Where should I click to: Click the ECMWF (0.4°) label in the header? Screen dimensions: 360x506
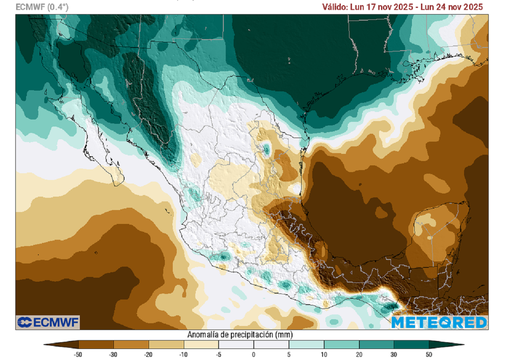coord(42,7)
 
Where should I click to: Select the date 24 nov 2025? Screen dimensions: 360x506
coord(459,7)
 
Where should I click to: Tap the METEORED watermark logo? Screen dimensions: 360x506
coord(439,322)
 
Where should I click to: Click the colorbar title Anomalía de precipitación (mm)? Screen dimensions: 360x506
coord(237,335)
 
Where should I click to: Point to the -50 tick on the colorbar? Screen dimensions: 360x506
coord(78,355)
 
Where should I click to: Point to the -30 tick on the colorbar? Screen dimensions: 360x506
coord(113,355)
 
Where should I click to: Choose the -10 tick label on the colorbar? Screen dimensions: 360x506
coord(183,355)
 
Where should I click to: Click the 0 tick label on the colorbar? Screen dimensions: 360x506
coord(253,355)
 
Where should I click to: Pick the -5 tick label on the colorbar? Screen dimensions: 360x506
coord(218,355)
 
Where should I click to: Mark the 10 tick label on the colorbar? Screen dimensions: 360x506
coord(324,355)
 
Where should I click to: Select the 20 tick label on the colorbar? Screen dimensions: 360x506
coord(359,355)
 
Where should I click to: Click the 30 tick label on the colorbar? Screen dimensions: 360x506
coord(394,355)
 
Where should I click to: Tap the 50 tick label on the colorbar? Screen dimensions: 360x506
coord(429,355)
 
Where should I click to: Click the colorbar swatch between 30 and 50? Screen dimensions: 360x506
coord(411,345)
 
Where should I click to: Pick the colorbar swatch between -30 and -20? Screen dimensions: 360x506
coord(131,345)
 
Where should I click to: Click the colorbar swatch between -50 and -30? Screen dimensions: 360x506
coord(96,345)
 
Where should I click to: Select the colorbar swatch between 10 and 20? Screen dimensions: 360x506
coord(341,345)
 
